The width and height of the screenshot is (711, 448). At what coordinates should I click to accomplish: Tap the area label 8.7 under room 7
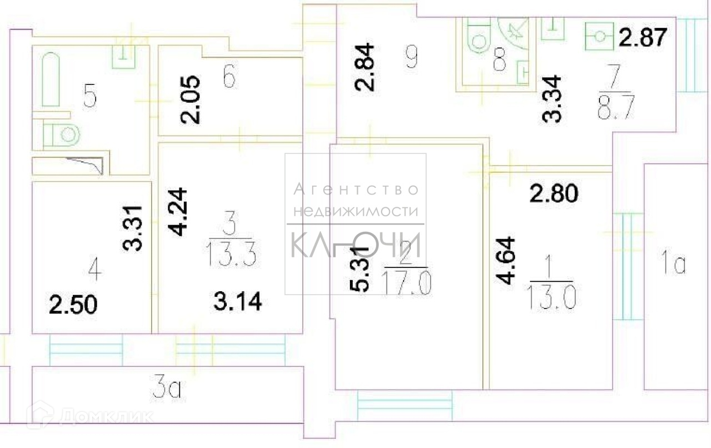614,106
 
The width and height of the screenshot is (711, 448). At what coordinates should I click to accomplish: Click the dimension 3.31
136,229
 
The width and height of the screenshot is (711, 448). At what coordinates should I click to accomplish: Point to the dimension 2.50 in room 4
73,305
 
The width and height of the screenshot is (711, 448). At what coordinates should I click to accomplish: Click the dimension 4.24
179,213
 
